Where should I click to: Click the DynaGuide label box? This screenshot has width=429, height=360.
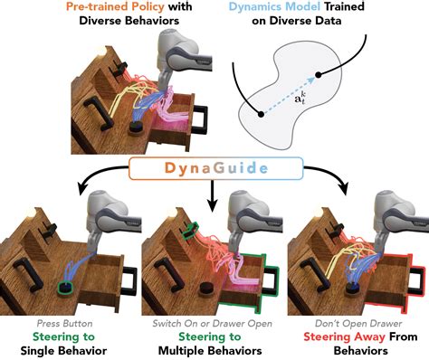click(x=213, y=169)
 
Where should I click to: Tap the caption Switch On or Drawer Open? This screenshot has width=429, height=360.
click(x=214, y=323)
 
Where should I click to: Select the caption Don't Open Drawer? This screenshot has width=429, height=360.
click(x=356, y=323)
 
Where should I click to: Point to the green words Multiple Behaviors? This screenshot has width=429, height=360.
click(x=214, y=349)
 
